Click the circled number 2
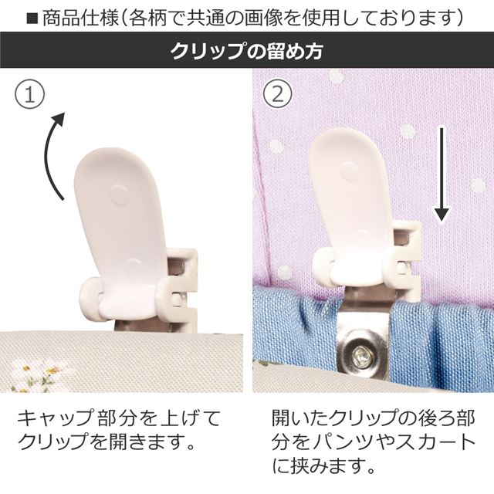(278, 93)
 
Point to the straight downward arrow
(442, 174)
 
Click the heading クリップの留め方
(247, 50)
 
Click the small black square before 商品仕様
(32, 19)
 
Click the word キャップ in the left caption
(55, 419)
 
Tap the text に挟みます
(324, 465)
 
